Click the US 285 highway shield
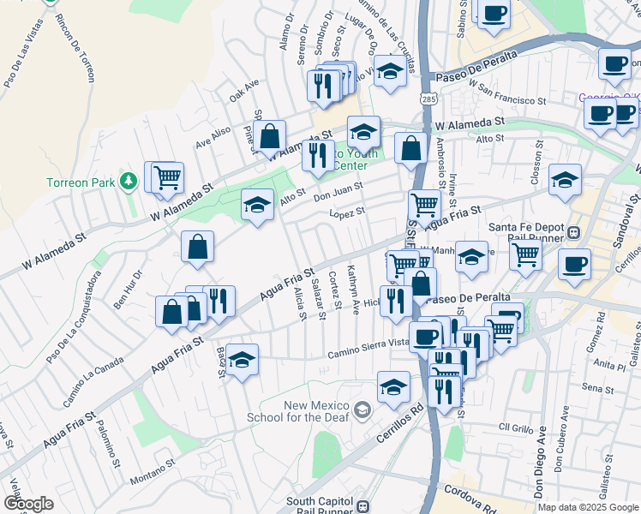pos(427,99)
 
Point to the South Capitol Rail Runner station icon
pos(363,506)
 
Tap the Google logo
pos(27,503)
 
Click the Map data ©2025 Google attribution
pos(588,507)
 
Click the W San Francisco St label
pos(506,92)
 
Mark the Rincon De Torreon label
pos(74,49)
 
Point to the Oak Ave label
pos(244,91)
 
